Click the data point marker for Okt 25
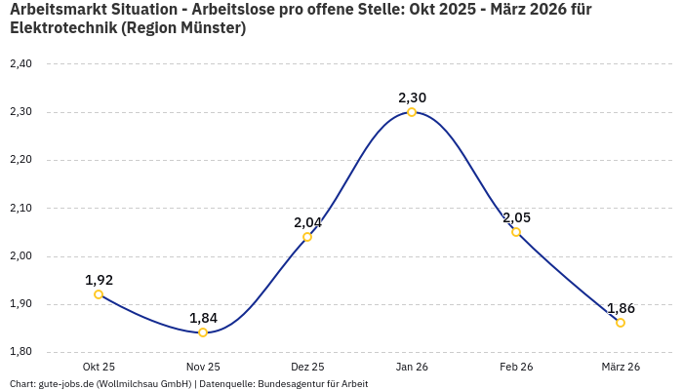click(x=99, y=294)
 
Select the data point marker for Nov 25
click(x=203, y=332)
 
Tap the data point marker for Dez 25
click(x=307, y=237)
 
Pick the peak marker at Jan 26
click(x=412, y=112)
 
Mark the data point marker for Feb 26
click(x=516, y=232)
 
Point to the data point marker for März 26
click(x=621, y=323)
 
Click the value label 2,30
click(x=412, y=97)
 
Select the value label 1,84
click(x=203, y=318)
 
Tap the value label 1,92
click(x=99, y=280)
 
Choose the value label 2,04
click(x=307, y=222)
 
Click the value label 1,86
click(x=621, y=308)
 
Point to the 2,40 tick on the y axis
click(x=20, y=64)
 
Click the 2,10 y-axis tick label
click(x=20, y=209)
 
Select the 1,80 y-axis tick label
click(x=20, y=352)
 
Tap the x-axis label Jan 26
click(x=412, y=367)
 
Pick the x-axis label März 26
click(x=621, y=367)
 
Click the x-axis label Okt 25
click(x=99, y=367)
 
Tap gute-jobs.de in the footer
click(x=65, y=384)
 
